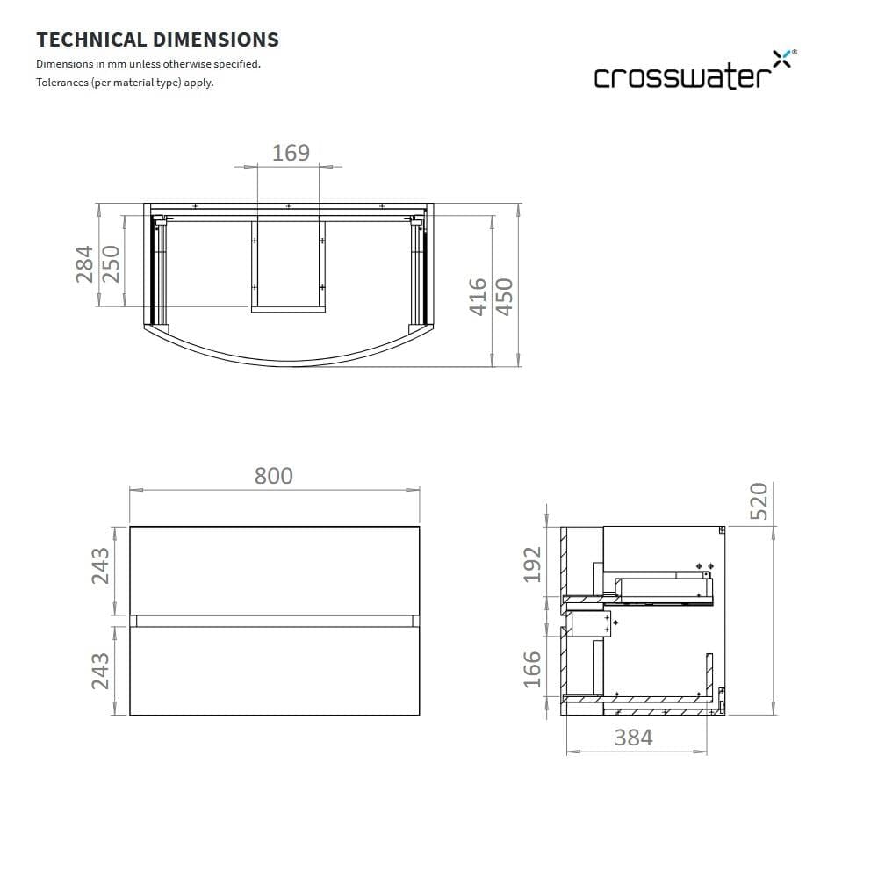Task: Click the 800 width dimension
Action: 274,476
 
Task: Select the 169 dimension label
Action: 291,153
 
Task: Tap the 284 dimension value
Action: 85,263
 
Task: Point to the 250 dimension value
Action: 112,263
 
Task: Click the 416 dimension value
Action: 478,296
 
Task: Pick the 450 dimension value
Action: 504,296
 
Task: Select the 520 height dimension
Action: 758,500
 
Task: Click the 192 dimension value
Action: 533,564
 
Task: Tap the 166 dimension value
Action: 533,669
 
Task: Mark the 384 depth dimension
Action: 633,738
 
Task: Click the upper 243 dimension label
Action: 100,565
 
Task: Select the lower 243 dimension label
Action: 100,671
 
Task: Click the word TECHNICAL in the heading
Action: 91,40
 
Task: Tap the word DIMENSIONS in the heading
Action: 216,40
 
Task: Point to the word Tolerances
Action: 61,83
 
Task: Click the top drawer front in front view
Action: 274,570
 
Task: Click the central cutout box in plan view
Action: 288,263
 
